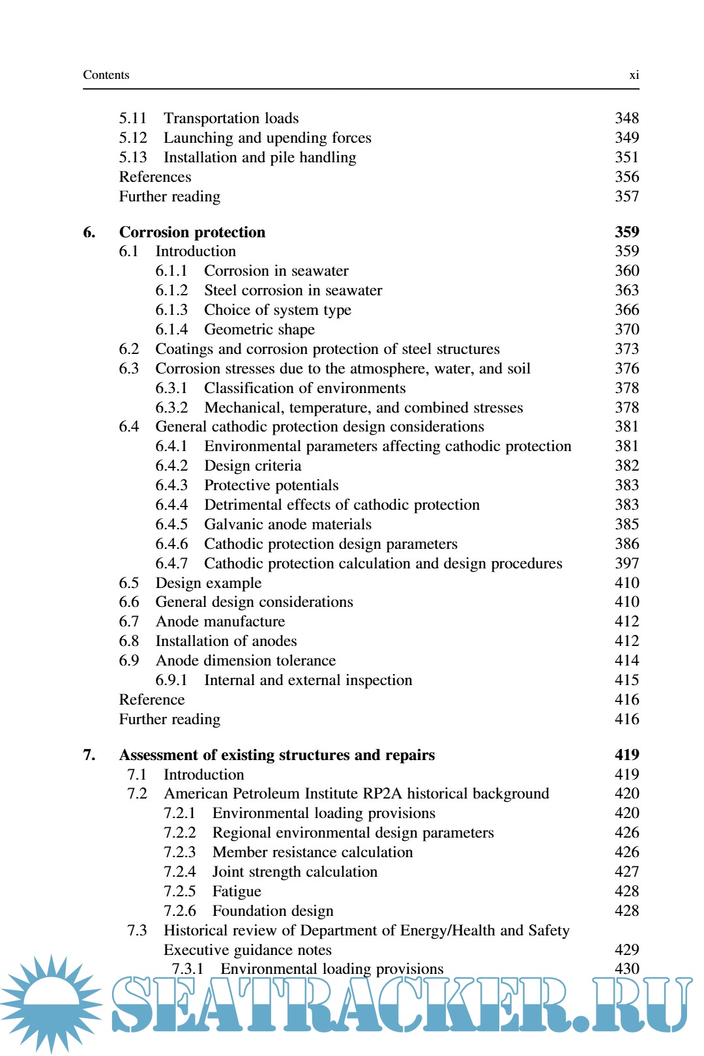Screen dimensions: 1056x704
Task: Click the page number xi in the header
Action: [634, 75]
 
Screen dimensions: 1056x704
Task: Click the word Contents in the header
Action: [106, 75]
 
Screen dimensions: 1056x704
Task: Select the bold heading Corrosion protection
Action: [192, 232]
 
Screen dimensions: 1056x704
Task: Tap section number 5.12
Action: [133, 138]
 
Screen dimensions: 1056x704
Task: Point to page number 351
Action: [626, 157]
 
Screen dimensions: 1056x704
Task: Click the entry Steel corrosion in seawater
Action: [293, 290]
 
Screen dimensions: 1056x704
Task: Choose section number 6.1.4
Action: [171, 329]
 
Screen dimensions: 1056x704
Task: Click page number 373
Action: [626, 349]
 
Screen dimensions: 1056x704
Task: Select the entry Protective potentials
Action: [271, 485]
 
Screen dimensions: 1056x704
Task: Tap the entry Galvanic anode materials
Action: [287, 524]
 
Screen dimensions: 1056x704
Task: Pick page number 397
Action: [626, 563]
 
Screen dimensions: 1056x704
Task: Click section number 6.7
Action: [129, 621]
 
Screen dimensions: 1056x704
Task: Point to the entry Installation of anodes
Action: [226, 641]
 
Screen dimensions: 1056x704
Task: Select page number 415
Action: [626, 680]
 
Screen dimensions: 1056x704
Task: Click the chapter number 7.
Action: [89, 755]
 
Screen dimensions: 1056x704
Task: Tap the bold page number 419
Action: [626, 755]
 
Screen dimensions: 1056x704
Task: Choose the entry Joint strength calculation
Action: [295, 872]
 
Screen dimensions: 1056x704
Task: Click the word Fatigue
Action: [237, 891]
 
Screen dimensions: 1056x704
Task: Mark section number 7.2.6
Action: [179, 911]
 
